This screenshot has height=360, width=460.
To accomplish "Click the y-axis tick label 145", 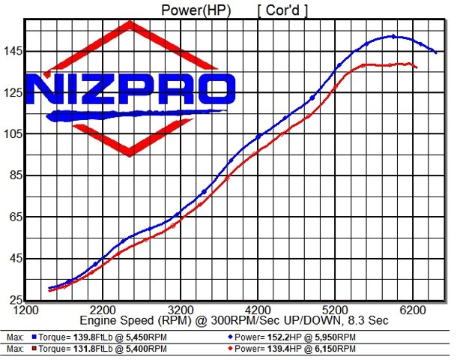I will click(x=13, y=51).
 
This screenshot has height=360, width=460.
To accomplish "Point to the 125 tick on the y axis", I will click(x=13, y=92).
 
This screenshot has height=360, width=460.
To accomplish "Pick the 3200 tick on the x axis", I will click(x=180, y=309).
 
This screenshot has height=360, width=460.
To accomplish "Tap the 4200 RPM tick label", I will click(x=258, y=309).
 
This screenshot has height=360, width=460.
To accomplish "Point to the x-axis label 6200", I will click(x=413, y=309).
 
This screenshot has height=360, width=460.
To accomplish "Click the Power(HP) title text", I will click(x=197, y=10).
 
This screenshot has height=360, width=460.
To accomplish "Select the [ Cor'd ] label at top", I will click(x=282, y=10).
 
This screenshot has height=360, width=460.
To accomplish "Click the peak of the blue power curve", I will click(x=393, y=36).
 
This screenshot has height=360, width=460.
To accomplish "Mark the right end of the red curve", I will click(x=417, y=68).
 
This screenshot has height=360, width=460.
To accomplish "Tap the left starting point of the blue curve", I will click(x=49, y=288).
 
